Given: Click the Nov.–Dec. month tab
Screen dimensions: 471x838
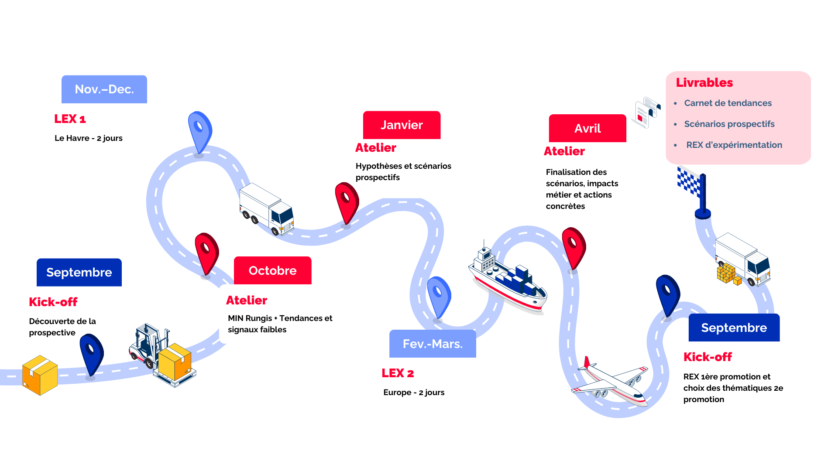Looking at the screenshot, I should pos(104,89).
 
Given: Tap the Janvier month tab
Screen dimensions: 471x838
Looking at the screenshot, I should pos(402,125).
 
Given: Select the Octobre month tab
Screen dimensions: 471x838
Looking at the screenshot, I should pos(272,271).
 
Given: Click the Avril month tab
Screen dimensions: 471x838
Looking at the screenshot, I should pos(587,129).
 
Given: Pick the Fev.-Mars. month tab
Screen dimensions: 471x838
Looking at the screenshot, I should pos(433,344).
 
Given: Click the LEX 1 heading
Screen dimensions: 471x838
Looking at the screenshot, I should pos(70,119).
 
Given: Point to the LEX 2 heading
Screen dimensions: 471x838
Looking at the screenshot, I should pos(398,373).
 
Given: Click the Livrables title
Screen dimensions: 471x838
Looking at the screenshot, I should pos(704,83).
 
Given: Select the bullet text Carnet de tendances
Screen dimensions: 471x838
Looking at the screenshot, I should pos(728,103).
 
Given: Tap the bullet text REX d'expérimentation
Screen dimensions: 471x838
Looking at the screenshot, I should pos(734,145).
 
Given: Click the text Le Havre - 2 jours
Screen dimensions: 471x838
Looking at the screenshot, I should pos(89,138).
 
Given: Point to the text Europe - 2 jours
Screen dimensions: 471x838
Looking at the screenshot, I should pos(414,392).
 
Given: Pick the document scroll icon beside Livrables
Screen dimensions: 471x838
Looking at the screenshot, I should pos(646,113).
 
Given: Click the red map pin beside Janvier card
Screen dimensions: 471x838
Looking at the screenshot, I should pos(347,202).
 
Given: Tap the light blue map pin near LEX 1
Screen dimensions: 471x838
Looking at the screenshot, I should pos(200,131).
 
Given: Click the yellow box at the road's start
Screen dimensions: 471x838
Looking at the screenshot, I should pos(40,375).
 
